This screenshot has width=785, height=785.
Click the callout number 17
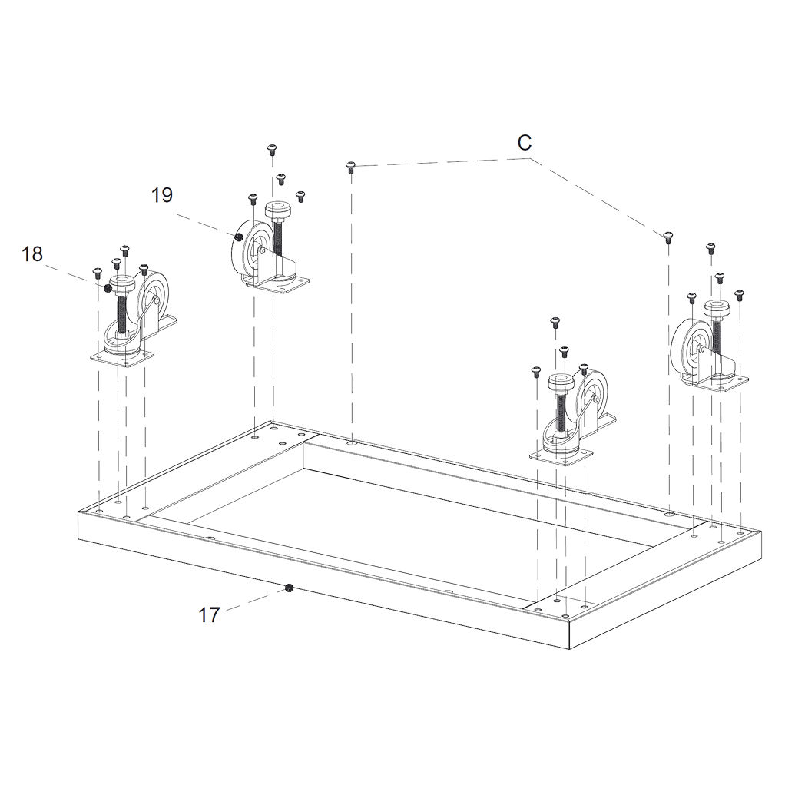tap(209, 614)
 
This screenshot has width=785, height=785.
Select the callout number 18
tap(32, 253)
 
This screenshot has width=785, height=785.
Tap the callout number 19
tap(162, 195)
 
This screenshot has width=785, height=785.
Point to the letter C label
tap(524, 143)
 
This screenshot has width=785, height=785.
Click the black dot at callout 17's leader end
tap(288, 588)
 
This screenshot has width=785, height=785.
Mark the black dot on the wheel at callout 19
tap(240, 237)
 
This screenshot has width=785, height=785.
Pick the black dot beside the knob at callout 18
tap(107, 288)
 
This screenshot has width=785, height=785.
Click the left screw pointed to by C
tap(350, 167)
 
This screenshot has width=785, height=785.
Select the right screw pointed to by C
tap(667, 237)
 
